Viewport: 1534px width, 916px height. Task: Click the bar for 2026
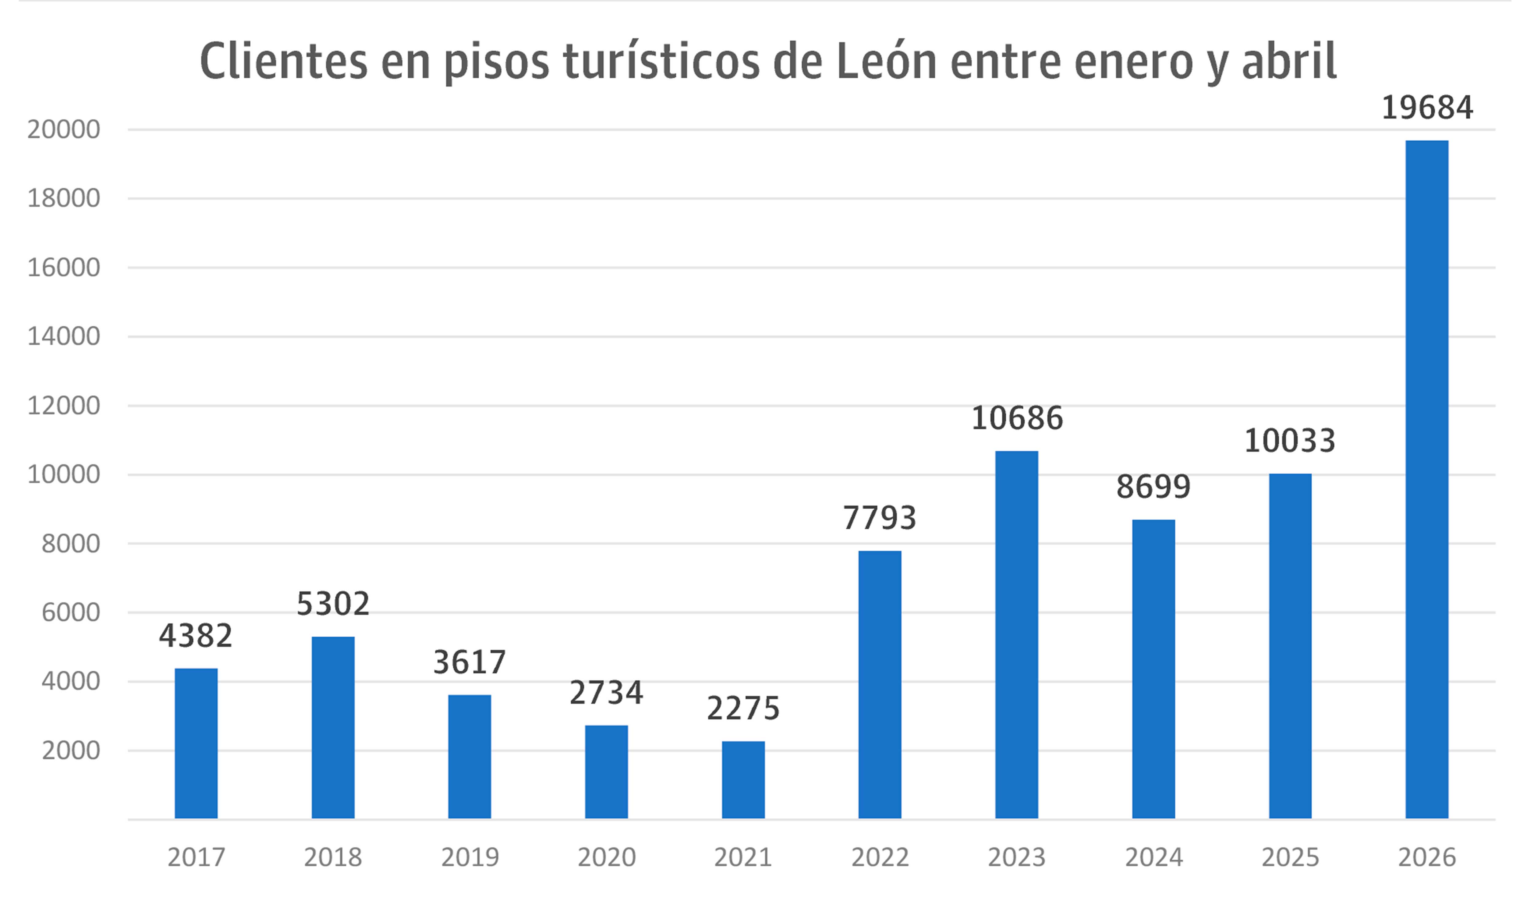[x=1427, y=479]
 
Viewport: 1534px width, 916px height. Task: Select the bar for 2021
[x=743, y=780]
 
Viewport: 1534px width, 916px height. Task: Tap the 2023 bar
[x=1016, y=635]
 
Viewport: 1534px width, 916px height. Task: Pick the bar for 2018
[x=333, y=728]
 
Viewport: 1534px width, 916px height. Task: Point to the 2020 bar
[x=606, y=772]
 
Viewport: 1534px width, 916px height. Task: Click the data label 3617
[x=469, y=662]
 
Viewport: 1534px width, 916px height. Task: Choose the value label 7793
[x=880, y=518]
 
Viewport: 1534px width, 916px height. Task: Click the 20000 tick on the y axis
[x=64, y=130]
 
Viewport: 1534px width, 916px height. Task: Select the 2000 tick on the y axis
[x=71, y=751]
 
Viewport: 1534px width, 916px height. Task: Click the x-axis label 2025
[x=1290, y=857]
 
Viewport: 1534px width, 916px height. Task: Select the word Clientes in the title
[x=284, y=62]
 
